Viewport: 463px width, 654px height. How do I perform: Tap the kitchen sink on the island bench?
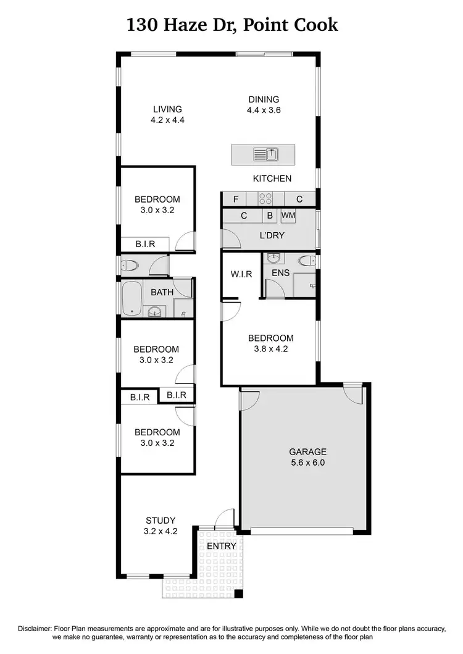[267, 153]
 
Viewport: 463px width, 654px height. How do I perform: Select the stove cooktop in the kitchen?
[265, 199]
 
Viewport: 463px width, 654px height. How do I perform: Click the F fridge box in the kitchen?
[235, 199]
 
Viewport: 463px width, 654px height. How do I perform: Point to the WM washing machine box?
[288, 216]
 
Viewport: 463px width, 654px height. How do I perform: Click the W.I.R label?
[241, 274]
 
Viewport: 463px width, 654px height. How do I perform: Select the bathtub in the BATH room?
[131, 299]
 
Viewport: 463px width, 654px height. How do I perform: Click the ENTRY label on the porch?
[221, 547]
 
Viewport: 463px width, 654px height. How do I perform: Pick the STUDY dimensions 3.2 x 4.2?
[161, 530]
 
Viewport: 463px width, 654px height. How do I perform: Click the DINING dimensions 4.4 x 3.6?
[264, 111]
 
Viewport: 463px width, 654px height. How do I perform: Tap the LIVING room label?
[168, 109]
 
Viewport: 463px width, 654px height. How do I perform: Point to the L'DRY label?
[270, 236]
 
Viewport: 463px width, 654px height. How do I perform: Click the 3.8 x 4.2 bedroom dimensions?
[270, 348]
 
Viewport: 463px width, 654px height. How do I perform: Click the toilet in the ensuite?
[306, 261]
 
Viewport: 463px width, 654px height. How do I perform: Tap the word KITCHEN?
[272, 178]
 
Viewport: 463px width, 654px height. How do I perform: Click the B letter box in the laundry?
[270, 216]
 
